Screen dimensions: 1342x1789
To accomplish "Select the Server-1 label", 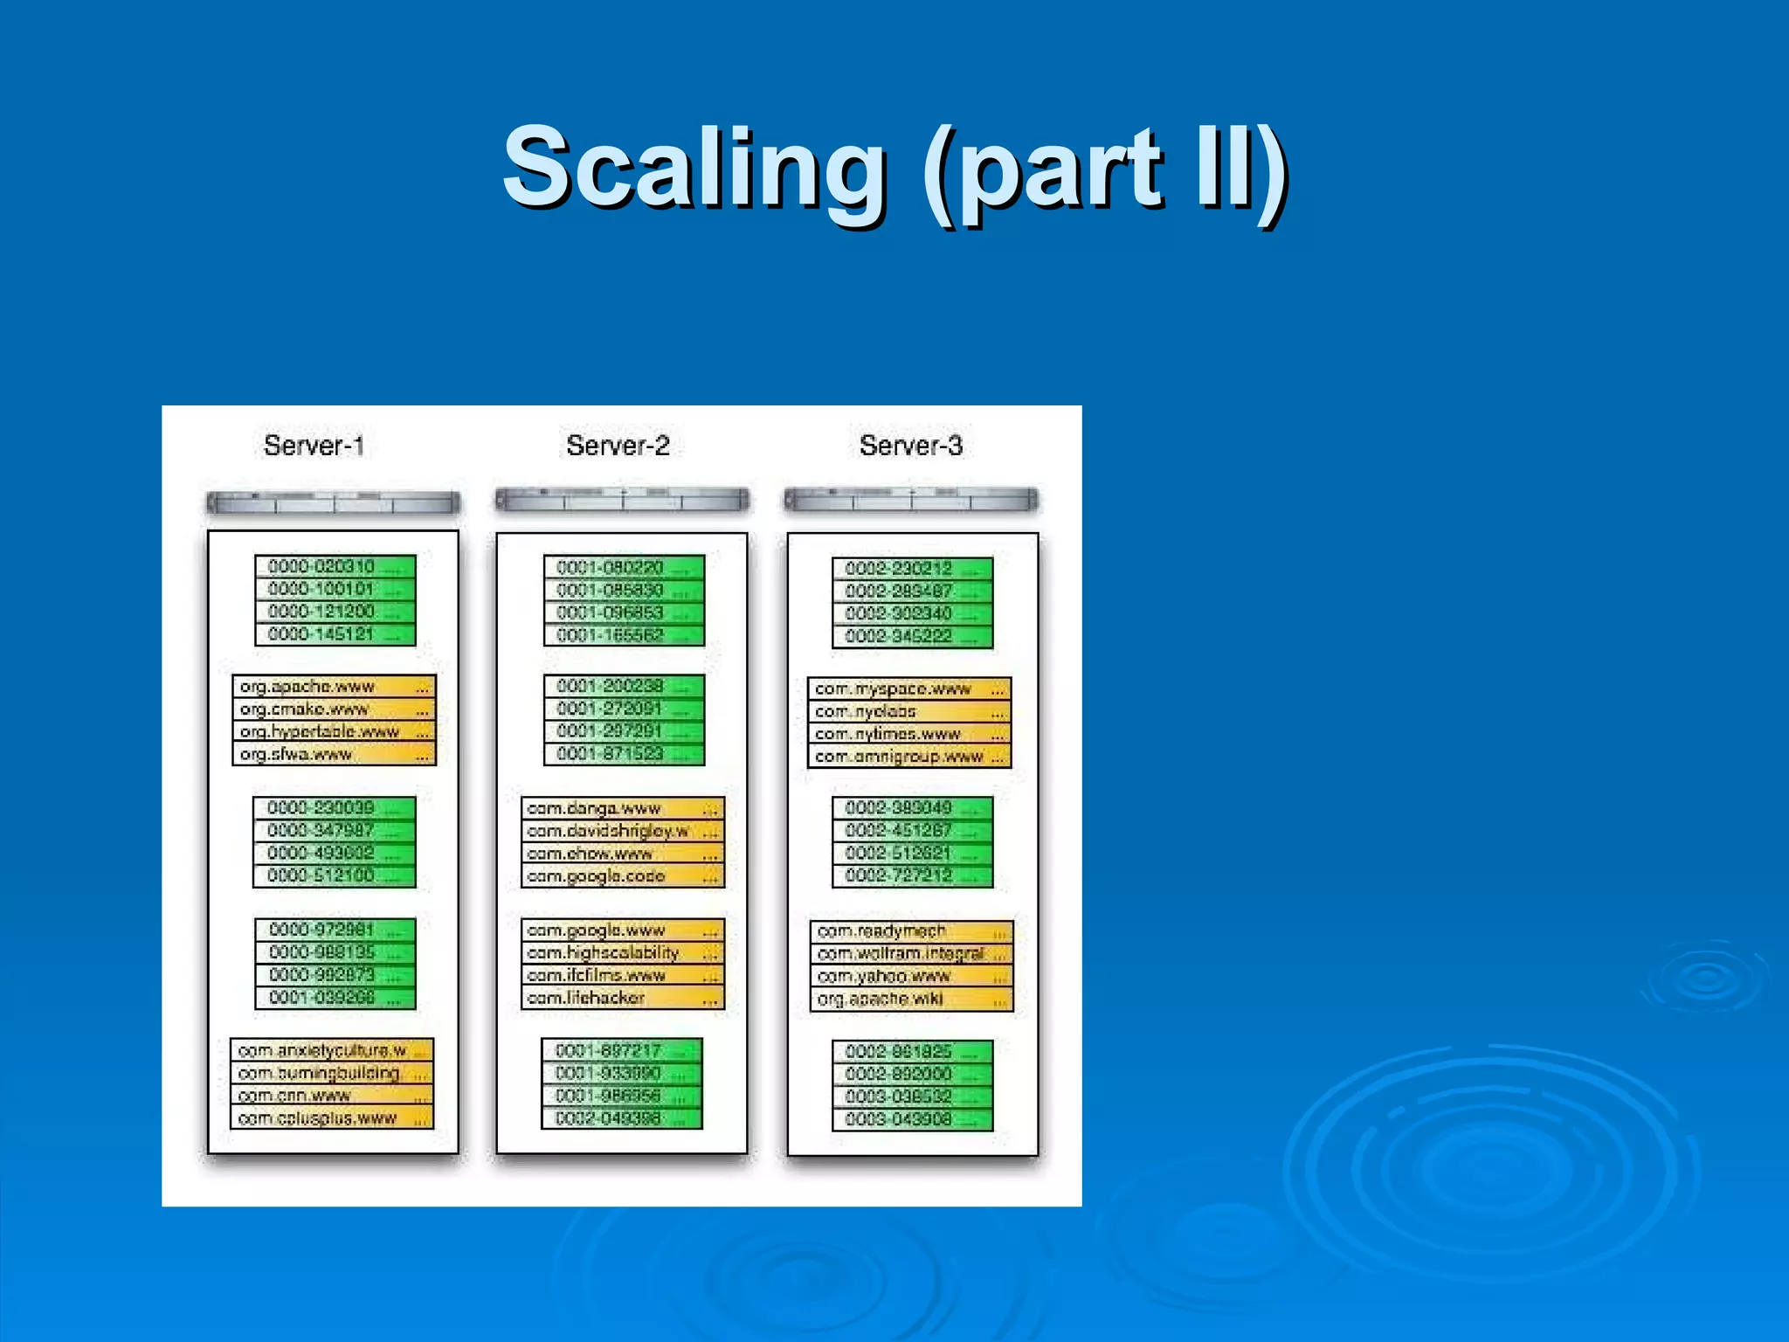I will pyautogui.click(x=314, y=446).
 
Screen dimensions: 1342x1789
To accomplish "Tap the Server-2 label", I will pyautogui.click(x=618, y=446).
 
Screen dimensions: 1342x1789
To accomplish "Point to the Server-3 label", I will pyautogui.click(x=910, y=446).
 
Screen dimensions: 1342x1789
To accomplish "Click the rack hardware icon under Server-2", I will pyautogui.click(x=622, y=500).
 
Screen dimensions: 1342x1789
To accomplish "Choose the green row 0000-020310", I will pyautogui.click(x=335, y=566).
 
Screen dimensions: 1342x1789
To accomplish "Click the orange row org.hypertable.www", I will pyautogui.click(x=334, y=731).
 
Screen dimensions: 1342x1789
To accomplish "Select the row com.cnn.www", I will pyautogui.click(x=332, y=1096).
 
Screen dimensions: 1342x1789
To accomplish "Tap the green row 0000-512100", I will pyautogui.click(x=334, y=875).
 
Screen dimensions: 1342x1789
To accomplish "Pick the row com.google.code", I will pyautogui.click(x=622, y=876).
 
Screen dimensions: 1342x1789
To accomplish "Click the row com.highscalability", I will pyautogui.click(x=622, y=952).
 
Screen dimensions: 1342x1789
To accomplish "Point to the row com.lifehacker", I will pyautogui.click(x=622, y=998).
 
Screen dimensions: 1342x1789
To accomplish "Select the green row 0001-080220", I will pyautogui.click(x=623, y=567).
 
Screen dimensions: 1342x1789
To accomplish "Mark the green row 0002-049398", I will pyautogui.click(x=621, y=1118).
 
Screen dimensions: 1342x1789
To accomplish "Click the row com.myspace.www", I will pyautogui.click(x=909, y=688).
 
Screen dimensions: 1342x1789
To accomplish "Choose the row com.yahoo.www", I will pyautogui.click(x=911, y=976).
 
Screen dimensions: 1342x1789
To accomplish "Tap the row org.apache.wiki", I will pyautogui.click(x=911, y=999).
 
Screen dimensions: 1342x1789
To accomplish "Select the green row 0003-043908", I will pyautogui.click(x=912, y=1119).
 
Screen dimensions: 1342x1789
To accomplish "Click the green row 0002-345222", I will pyautogui.click(x=912, y=636).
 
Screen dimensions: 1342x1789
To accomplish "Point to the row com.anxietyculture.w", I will pyautogui.click(x=332, y=1050).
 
